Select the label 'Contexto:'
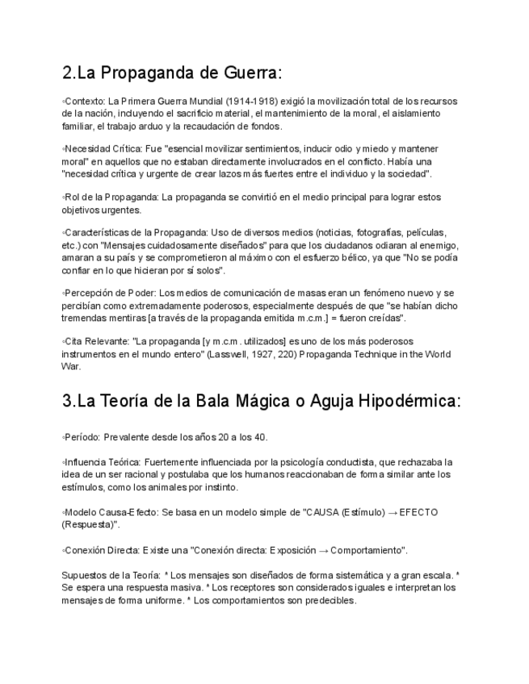click(84, 101)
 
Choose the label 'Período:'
click(82, 437)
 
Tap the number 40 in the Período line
click(260, 437)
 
